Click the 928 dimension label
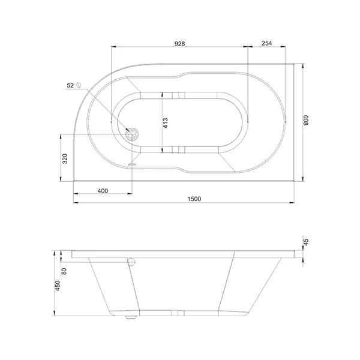coord(179,44)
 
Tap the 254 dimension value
coord(266,43)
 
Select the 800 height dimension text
coord(306,121)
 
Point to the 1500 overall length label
coord(194,199)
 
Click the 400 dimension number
coord(103,191)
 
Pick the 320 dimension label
coord(65,158)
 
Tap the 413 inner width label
coord(165,123)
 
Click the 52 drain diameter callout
coord(70,85)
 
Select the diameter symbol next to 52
coord(78,85)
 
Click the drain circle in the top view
coord(132,134)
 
